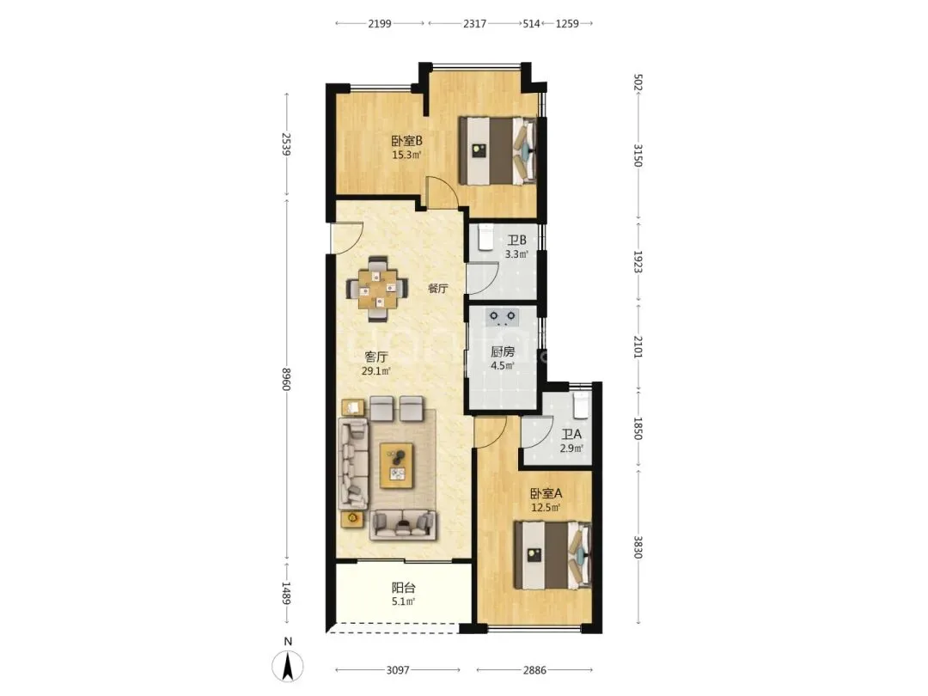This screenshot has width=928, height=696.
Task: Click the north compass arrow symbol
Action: click(288, 667)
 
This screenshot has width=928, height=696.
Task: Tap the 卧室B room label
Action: click(406, 141)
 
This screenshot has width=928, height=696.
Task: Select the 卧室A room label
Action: click(546, 493)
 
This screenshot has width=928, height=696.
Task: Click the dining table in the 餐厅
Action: click(377, 289)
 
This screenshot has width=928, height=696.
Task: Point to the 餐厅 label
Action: click(438, 289)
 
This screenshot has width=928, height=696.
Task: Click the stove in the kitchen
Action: click(503, 318)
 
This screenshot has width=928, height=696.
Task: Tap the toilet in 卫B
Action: click(485, 237)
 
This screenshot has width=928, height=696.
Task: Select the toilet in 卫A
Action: click(581, 406)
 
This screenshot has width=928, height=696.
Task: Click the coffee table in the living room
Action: click(396, 465)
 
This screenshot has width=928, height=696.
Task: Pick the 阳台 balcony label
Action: click(403, 588)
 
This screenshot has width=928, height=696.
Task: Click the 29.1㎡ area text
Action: click(376, 372)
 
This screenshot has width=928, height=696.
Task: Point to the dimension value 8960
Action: click(286, 379)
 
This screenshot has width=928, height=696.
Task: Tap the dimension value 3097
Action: click(398, 670)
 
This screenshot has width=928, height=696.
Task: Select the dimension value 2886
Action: click(534, 670)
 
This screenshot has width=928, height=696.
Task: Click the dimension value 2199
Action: click(380, 24)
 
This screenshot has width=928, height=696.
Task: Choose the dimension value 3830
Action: click(638, 546)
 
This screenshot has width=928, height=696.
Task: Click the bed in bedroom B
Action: click(498, 151)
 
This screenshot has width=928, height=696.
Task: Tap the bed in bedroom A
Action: click(553, 555)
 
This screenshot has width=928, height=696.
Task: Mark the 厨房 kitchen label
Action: click(503, 351)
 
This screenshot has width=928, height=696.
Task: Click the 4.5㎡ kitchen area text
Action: click(503, 366)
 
